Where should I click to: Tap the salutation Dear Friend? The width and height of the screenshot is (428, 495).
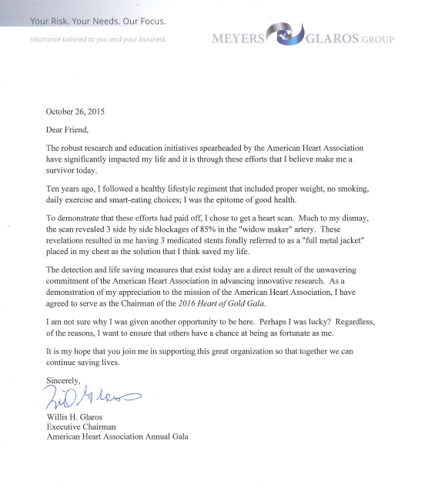(68, 129)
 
